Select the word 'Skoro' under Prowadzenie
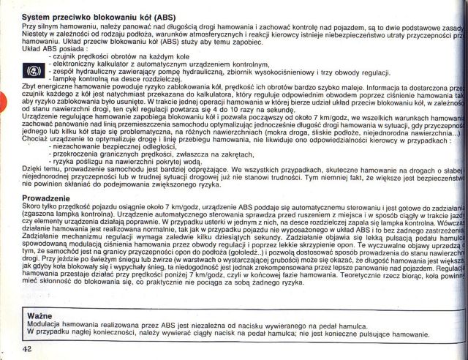click(13, 208)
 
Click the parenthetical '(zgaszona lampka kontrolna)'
click(50, 216)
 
